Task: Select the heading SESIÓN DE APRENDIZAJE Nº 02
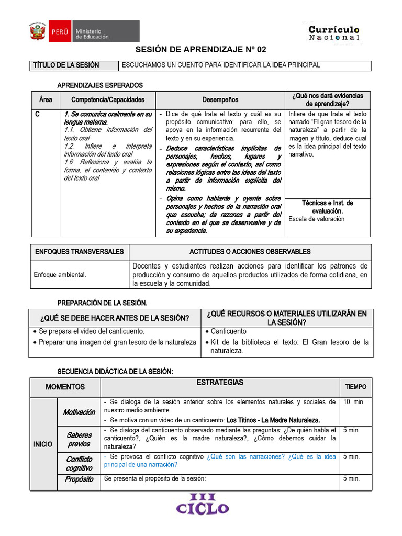[x=201, y=50]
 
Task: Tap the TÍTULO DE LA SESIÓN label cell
[x=66, y=65]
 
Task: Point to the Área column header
[x=46, y=99]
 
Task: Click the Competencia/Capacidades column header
[x=107, y=99]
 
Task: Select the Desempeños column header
[x=220, y=99]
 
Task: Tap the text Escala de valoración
[x=316, y=219]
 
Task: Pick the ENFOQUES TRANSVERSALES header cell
[x=80, y=252]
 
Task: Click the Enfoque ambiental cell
[x=60, y=274]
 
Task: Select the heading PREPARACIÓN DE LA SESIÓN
[x=102, y=303]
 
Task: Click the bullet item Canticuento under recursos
[x=228, y=331]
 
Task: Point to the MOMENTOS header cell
[x=65, y=387]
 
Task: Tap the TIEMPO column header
[x=355, y=387]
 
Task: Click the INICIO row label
[x=42, y=444]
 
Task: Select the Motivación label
[x=79, y=412]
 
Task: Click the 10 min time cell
[x=353, y=402]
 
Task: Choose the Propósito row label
[x=79, y=479]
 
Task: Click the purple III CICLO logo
[x=203, y=504]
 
